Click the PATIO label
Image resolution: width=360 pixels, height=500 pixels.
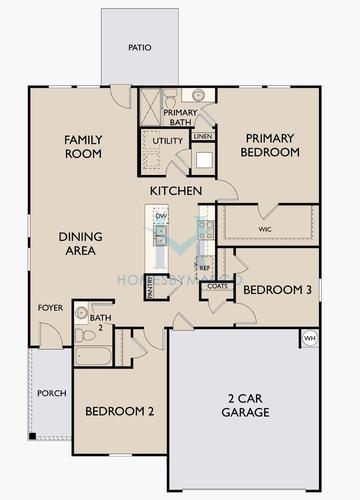coord(140,47)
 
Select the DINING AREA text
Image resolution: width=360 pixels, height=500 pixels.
coord(75,243)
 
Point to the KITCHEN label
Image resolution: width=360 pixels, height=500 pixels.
coord(176,190)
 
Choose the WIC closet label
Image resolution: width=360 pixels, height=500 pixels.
coord(265,230)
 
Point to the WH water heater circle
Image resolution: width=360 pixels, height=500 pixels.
coord(309,338)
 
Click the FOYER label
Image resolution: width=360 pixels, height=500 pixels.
coord(49,307)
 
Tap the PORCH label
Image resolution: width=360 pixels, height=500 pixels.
coord(51,393)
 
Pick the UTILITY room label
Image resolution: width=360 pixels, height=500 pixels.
coord(167,141)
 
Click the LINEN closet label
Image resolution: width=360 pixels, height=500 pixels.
coord(203,135)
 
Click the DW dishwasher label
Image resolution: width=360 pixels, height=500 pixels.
coord(160,216)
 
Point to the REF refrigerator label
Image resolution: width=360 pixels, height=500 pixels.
coord(203,269)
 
